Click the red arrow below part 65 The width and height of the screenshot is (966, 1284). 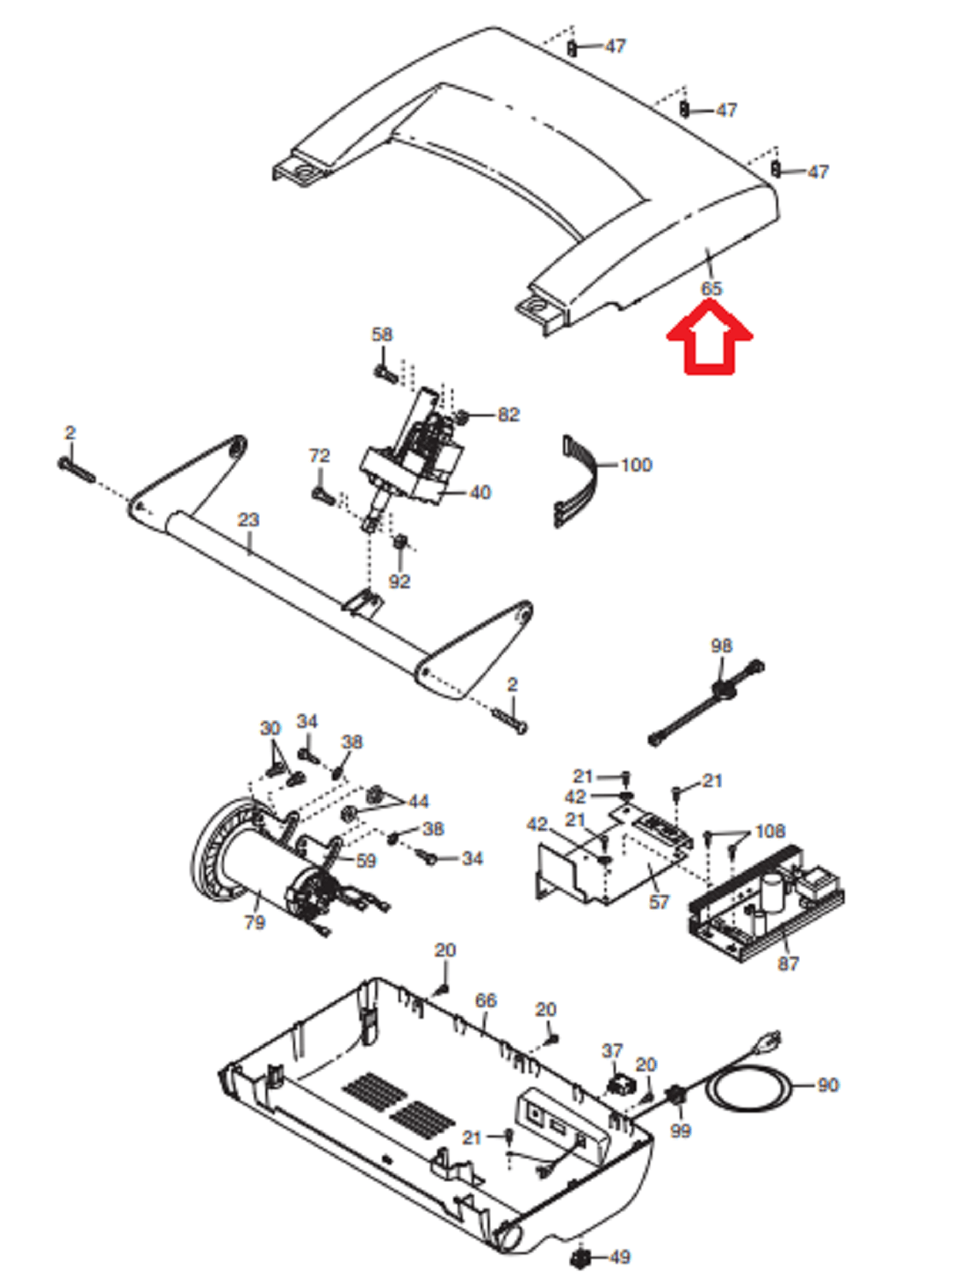point(710,336)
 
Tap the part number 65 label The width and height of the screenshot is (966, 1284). point(711,288)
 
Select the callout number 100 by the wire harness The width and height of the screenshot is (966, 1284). point(636,465)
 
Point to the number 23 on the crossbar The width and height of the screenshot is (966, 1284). point(249,519)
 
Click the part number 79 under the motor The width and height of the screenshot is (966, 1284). point(255,922)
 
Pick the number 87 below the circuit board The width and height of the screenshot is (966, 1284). point(789,963)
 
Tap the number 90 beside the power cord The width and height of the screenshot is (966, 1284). point(827,1086)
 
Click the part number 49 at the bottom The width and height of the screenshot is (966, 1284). point(620,1257)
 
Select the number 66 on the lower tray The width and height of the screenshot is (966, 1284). point(486,1000)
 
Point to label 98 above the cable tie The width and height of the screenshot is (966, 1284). point(721,646)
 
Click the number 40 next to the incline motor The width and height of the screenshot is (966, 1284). point(480,493)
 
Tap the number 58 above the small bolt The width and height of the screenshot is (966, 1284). point(382,335)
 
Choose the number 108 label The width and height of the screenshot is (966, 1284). point(770,831)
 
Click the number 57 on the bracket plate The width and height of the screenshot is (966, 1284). point(659,902)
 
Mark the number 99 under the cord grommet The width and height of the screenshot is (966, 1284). point(681,1130)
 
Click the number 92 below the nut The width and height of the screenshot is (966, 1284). point(400,581)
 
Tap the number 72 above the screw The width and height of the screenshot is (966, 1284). point(320,456)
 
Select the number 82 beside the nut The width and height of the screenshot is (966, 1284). point(508,415)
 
